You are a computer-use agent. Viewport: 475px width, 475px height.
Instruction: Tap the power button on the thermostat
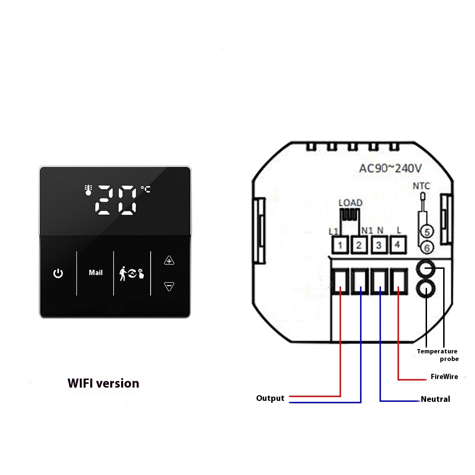tap(58, 274)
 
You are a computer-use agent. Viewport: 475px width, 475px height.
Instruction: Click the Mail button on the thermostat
tap(95, 273)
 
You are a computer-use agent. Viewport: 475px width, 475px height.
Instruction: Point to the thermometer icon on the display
tap(88, 190)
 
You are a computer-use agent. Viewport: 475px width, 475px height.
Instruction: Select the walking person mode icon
tap(123, 274)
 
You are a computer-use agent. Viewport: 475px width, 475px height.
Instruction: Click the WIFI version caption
tap(104, 383)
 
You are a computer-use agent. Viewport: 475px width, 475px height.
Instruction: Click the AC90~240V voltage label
tap(390, 168)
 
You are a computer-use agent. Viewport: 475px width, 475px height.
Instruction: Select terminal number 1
tap(339, 246)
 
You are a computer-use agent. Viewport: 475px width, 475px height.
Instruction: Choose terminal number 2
tap(359, 246)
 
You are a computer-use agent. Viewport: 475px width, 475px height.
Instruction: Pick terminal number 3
tap(379, 246)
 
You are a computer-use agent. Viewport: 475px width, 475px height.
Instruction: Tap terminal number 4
tap(398, 246)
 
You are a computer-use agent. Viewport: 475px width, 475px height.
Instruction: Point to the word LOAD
tap(350, 203)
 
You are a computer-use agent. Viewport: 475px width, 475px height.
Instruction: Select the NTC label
tap(421, 186)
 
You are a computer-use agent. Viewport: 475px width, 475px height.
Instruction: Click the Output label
tap(270, 398)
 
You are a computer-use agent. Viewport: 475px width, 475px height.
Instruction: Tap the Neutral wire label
tap(435, 399)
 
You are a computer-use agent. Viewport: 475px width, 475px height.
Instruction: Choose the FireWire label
tap(444, 377)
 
